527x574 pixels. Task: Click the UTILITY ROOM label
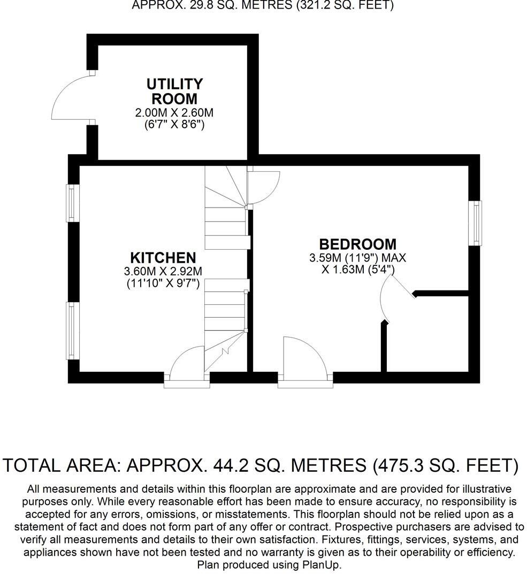174,91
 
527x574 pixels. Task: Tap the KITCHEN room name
163,257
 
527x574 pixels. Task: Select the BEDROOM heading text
358,244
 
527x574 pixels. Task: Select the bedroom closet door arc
394,303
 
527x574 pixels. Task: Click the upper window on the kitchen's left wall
73,203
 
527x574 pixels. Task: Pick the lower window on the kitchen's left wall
73,331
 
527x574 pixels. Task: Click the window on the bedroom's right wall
475,223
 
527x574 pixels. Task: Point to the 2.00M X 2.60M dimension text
174,113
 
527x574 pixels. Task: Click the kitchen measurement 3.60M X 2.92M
163,271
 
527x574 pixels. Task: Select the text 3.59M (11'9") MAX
357,258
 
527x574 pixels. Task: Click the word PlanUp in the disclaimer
322,564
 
